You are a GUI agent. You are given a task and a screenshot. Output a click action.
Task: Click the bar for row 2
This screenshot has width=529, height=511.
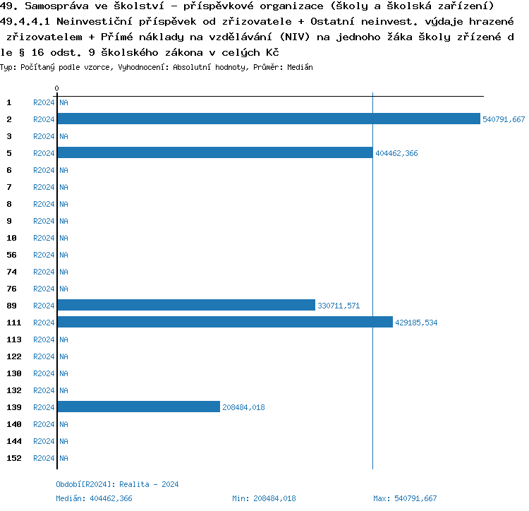pyautogui.click(x=268, y=119)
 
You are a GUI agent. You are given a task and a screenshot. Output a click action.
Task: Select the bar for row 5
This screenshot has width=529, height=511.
pyautogui.click(x=214, y=153)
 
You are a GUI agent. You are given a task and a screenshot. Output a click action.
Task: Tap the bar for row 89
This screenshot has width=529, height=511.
pyautogui.click(x=186, y=306)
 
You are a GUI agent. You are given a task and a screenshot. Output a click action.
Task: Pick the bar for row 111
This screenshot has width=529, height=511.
pyautogui.click(x=224, y=323)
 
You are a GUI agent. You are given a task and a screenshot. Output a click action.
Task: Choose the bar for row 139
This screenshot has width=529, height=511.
pyautogui.click(x=138, y=407)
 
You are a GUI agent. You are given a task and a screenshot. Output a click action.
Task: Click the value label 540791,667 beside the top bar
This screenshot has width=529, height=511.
pyautogui.click(x=504, y=119)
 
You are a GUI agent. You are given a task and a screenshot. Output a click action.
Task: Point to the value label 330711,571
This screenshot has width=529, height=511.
pyautogui.click(x=339, y=306)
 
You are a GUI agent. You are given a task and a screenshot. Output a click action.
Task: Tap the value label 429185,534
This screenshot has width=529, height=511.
pyautogui.click(x=416, y=323)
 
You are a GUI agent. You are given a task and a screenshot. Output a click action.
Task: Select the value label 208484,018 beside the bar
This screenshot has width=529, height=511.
pyautogui.click(x=243, y=407)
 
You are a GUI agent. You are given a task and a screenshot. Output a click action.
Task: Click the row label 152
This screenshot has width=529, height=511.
pyautogui.click(x=14, y=458)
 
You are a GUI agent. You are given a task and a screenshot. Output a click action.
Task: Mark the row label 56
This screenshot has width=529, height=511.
pyautogui.click(x=12, y=255)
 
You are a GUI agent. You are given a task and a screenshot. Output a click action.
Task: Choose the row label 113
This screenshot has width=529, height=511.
pyautogui.click(x=14, y=339)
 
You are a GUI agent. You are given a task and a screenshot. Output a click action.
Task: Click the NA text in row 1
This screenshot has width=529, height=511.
pyautogui.click(x=63, y=102)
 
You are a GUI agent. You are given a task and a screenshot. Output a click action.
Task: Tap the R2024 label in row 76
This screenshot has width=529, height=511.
pyautogui.click(x=44, y=289)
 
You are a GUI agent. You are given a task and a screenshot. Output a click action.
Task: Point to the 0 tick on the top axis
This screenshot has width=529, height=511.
pyautogui.click(x=56, y=88)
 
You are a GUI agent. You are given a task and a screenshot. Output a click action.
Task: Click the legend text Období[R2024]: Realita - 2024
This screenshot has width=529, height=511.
pyautogui.click(x=117, y=484)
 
